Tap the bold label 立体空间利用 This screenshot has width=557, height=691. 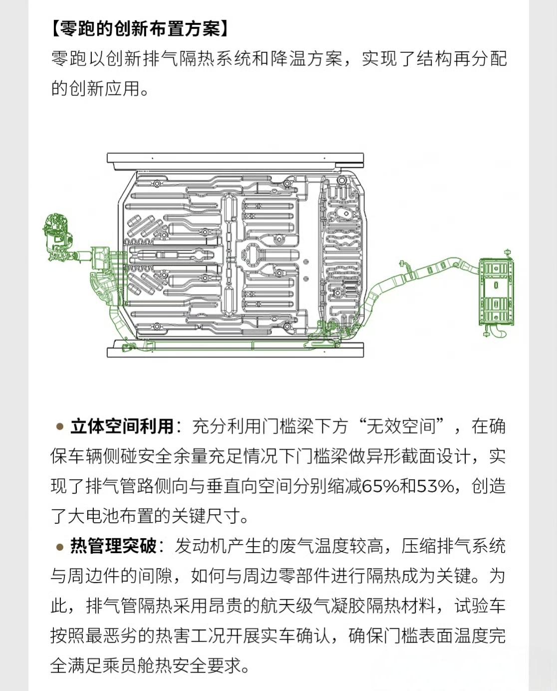click(x=122, y=426)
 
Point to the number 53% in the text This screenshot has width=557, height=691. click(x=435, y=486)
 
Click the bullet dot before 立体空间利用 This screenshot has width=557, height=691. click(x=60, y=427)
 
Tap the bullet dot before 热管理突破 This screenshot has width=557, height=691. click(x=60, y=547)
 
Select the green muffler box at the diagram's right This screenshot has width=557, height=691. click(x=496, y=292)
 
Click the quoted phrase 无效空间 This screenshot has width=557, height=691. click(x=401, y=426)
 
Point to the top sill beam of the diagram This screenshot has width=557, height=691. click(x=235, y=158)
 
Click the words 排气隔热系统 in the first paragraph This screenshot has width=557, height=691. click(x=198, y=59)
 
